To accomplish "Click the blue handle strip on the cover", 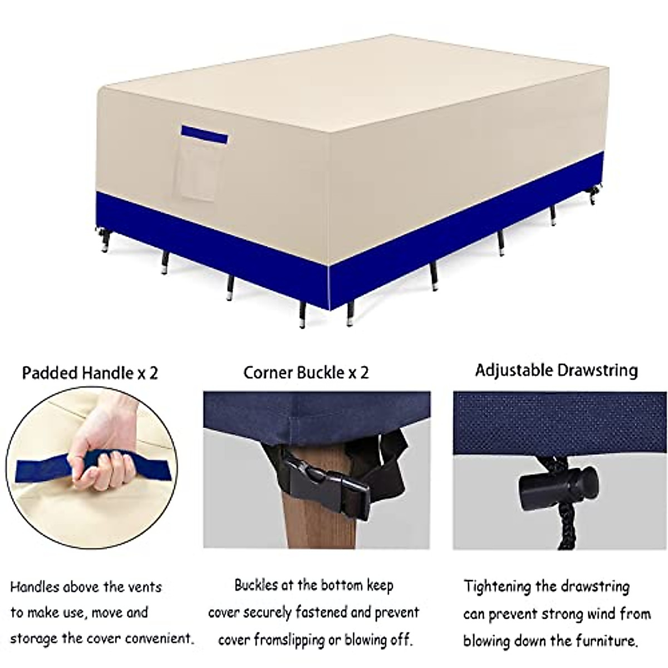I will click(x=204, y=134).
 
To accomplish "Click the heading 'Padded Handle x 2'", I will click(x=90, y=372).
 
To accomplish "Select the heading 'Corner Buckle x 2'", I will click(x=306, y=372).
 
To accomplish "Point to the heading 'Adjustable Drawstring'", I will click(x=556, y=370).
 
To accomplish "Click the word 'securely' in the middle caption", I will click(x=265, y=613).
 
